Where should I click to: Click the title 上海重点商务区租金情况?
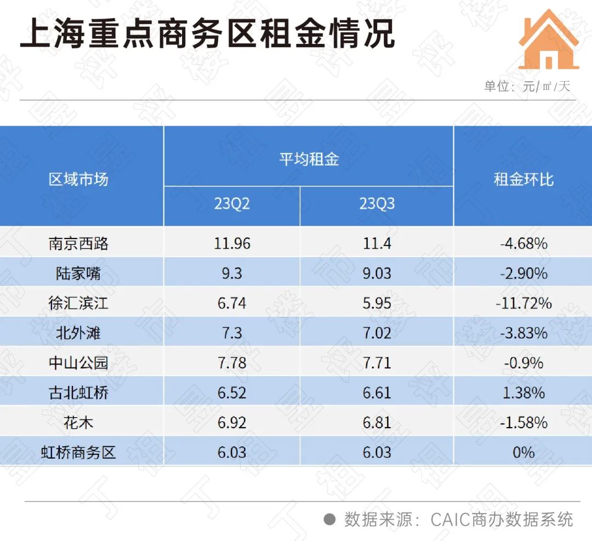(x=207, y=34)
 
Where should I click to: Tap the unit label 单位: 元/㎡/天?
(x=527, y=86)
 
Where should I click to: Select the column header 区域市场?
(x=78, y=179)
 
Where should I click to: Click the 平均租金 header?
(x=309, y=159)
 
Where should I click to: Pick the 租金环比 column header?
(x=523, y=179)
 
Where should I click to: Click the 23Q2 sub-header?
(x=232, y=204)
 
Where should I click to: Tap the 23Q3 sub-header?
(x=377, y=204)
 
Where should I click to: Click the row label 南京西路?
(x=78, y=243)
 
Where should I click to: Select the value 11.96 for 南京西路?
(x=232, y=243)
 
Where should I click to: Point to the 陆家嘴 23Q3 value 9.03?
(x=377, y=273)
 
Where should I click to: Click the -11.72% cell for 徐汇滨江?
(x=523, y=303)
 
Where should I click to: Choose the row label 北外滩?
(x=78, y=333)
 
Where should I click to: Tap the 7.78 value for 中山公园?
(x=232, y=363)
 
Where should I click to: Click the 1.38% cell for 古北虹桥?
(x=523, y=392)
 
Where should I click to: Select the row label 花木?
(x=78, y=423)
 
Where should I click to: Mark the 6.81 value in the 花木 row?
(x=377, y=423)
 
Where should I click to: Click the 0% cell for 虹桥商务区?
(x=523, y=452)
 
